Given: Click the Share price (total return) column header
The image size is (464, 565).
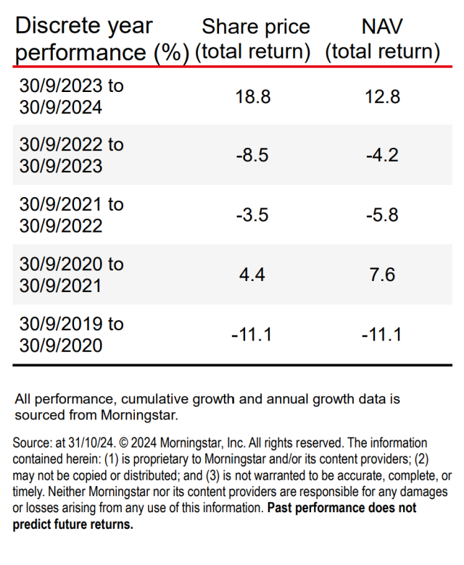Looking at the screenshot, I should (x=255, y=39).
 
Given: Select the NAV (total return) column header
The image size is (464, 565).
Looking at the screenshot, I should (x=382, y=39).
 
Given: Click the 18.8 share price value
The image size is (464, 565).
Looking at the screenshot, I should (x=254, y=96).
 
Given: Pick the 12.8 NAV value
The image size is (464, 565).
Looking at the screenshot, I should (x=382, y=96).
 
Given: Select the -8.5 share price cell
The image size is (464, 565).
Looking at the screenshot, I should (x=254, y=155).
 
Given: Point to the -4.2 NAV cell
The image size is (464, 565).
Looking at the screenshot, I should (x=382, y=155).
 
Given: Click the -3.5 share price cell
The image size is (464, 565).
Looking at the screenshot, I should (x=254, y=215).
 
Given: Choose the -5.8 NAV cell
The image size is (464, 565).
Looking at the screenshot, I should (x=382, y=215).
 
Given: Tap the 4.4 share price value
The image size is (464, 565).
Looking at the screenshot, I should (x=254, y=275).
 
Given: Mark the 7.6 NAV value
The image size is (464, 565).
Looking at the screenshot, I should (x=382, y=275).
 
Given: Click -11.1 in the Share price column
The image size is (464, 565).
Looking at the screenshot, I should (x=254, y=334).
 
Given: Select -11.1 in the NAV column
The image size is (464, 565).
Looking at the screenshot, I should (x=382, y=334).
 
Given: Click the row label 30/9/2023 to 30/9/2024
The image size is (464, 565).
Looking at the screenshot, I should (x=71, y=96).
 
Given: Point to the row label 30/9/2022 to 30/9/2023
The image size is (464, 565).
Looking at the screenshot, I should (x=71, y=155).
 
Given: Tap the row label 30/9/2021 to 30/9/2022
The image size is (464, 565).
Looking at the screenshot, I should (x=71, y=215).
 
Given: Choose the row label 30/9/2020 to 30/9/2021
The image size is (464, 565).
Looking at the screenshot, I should (x=71, y=275).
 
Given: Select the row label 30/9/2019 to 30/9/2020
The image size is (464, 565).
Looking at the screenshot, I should (x=71, y=334).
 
